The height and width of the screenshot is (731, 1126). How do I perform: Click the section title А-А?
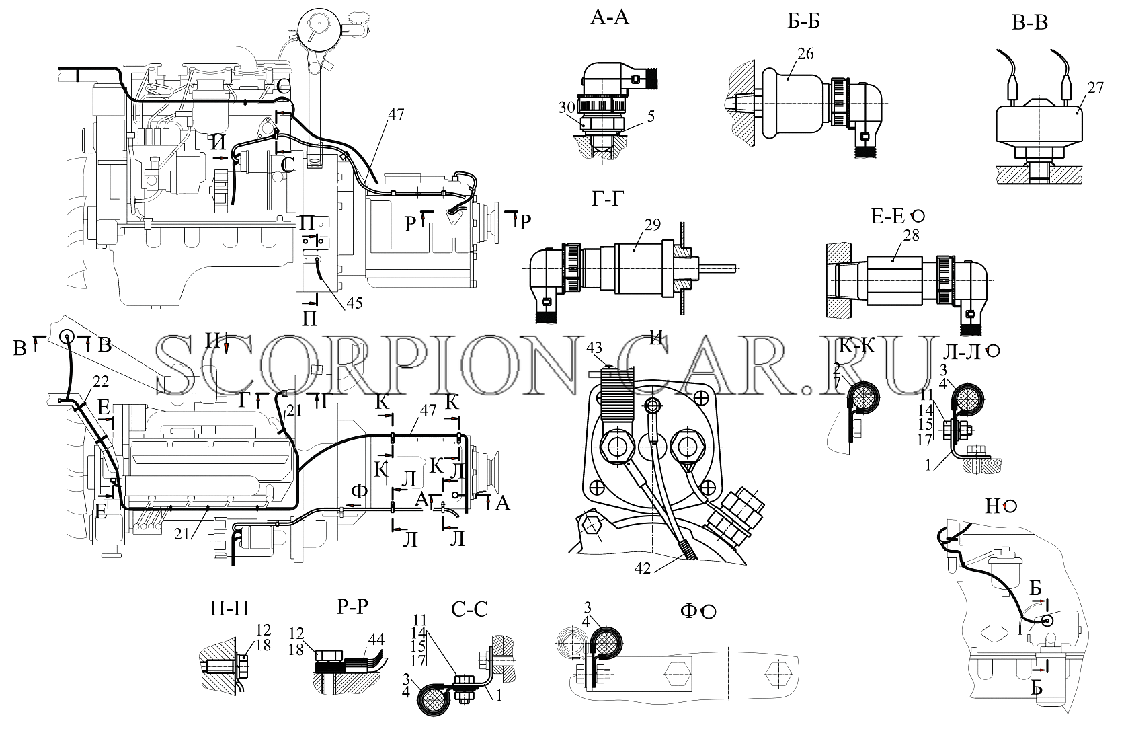pos(609,17)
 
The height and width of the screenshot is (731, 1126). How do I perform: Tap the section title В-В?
pos(1029,23)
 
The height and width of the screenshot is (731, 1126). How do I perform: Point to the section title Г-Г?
pos(607,199)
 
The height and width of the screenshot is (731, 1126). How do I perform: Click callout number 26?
pos(805,53)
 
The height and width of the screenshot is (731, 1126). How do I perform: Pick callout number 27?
pos(1095,87)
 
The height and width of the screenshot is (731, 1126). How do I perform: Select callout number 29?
pos(652,224)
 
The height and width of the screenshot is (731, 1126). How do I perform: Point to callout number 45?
pos(354,303)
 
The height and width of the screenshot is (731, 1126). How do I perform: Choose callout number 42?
pos(643,568)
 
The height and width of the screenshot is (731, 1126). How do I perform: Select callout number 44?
pos(376,640)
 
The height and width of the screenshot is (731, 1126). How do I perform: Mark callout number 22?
pos(101,381)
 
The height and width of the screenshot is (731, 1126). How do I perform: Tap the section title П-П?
pos(229,609)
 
